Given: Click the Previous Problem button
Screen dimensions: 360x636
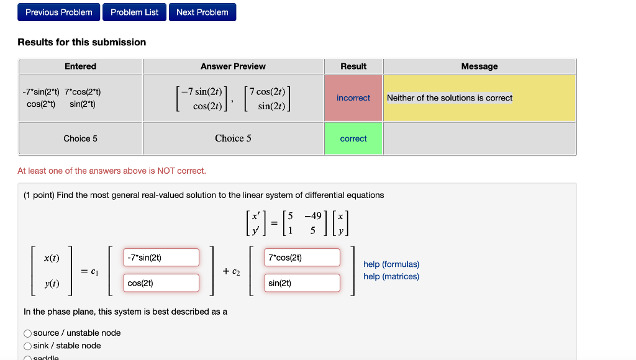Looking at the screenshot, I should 59,12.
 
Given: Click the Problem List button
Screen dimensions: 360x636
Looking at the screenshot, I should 135,12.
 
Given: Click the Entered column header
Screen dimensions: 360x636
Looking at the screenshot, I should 81,66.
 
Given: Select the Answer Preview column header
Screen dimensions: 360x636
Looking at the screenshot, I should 233,66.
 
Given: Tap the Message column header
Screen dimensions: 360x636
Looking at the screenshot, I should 479,66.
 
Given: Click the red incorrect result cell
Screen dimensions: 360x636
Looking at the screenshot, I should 353,98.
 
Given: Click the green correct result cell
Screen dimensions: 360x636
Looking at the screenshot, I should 353,138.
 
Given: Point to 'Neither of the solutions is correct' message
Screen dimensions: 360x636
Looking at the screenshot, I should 450,98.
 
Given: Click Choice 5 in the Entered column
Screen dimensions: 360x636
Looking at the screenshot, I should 81,138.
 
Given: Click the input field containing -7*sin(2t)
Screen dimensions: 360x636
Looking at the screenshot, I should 161,258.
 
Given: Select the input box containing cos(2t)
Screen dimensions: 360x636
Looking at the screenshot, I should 161,283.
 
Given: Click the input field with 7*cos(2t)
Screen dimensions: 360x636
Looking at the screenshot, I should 302,258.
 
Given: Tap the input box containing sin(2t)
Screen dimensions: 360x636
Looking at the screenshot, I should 302,283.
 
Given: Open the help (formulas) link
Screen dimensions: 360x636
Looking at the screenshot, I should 391,264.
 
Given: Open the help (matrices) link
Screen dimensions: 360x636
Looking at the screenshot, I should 391,277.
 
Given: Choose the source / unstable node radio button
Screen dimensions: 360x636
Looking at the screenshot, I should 28,333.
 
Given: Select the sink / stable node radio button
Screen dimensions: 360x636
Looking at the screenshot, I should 28,346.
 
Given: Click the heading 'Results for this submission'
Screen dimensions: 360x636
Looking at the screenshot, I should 82,42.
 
